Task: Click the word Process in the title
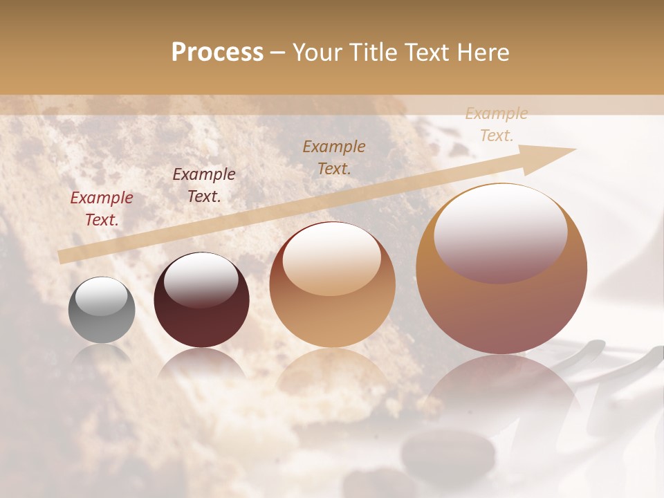pyautogui.click(x=217, y=53)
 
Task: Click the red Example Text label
pyautogui.click(x=102, y=209)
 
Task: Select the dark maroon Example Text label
pyautogui.click(x=204, y=185)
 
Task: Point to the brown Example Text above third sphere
pyautogui.click(x=334, y=157)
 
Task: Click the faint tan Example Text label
pyautogui.click(x=497, y=124)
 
